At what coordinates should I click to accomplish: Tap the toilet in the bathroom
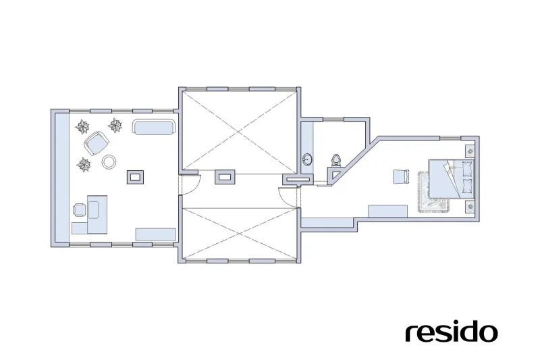coord(336,160)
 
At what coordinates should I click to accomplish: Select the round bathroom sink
coord(308,159)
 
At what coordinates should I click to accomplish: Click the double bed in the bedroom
coord(451,179)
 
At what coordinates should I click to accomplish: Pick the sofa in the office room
coord(153,127)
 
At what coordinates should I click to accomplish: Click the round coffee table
coord(109,161)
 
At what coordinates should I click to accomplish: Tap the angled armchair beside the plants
coord(97,143)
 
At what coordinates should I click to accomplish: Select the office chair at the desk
coord(80,210)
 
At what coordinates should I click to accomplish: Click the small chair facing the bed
coord(401,177)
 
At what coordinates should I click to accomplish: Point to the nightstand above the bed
coord(470,151)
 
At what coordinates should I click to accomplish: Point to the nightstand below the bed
coord(470,207)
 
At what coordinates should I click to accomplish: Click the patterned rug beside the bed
coord(433,192)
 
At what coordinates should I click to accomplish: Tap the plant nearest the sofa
coord(115,126)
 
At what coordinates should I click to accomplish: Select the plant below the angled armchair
coord(83,165)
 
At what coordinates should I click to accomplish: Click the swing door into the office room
coord(190,184)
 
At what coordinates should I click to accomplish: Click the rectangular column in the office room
coord(136,177)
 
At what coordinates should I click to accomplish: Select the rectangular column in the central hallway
coord(225,177)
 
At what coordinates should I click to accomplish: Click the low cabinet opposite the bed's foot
coord(387,211)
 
